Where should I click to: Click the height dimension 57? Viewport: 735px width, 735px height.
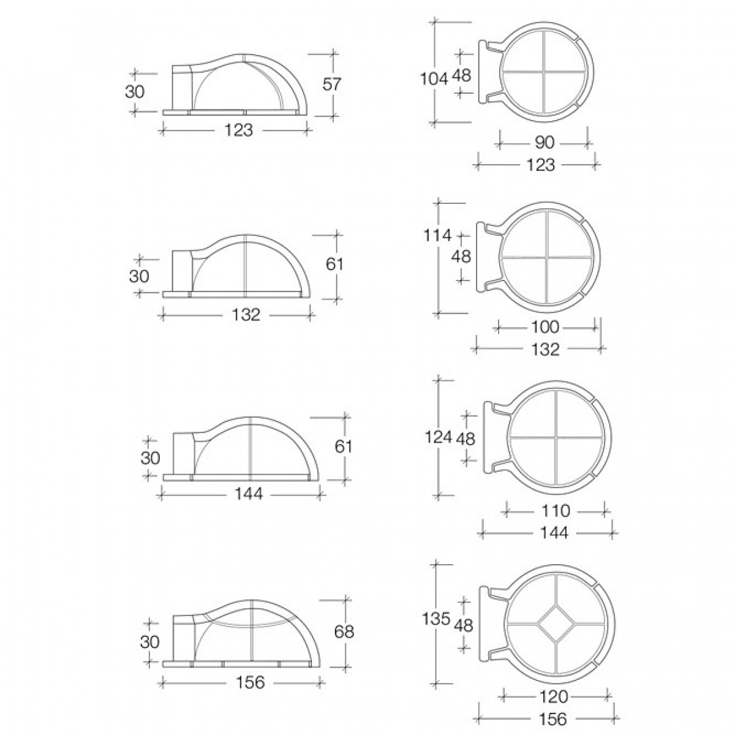[x=331, y=84]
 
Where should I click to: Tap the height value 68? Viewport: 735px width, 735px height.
[x=344, y=631]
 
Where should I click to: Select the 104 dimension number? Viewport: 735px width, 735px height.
[x=434, y=79]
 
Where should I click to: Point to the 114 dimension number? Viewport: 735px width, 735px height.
[x=437, y=235]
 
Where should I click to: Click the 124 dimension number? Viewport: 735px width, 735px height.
[x=439, y=437]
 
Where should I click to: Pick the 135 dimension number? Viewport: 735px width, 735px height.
[x=436, y=618]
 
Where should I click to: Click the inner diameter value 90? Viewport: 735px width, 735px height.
[x=544, y=142]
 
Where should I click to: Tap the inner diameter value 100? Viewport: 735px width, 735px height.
[x=545, y=326]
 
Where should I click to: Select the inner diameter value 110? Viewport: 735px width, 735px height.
[x=556, y=510]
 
